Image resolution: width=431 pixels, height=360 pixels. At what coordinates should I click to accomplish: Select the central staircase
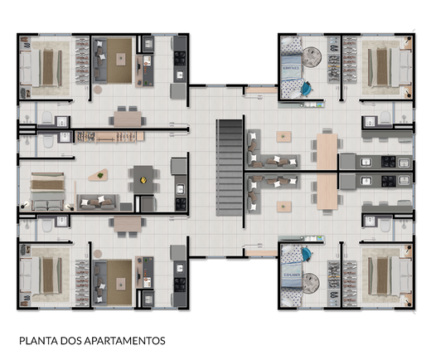(x=230, y=168)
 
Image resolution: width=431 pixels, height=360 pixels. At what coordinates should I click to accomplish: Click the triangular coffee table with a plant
(x=98, y=175)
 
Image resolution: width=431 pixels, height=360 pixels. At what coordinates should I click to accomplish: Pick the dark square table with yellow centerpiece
(x=143, y=180)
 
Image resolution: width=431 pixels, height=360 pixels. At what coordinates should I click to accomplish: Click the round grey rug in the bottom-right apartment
(x=310, y=283)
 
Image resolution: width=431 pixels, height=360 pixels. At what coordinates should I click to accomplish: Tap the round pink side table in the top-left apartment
(x=98, y=90)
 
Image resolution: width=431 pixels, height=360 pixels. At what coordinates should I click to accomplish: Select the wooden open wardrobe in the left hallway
(x=109, y=137)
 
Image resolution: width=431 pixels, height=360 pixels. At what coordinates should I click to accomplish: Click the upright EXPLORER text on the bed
(x=292, y=275)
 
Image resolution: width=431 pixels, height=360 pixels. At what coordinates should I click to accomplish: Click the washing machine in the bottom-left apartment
(x=148, y=299)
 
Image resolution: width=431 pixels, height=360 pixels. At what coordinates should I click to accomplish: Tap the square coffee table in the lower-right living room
(x=283, y=206)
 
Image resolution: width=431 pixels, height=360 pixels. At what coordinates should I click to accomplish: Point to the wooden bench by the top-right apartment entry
(x=260, y=90)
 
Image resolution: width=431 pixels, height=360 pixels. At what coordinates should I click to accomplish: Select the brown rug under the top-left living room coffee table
(x=119, y=61)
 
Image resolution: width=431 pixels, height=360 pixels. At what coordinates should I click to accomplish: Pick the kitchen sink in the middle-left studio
(x=180, y=189)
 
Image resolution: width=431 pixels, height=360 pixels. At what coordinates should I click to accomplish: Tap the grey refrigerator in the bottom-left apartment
(x=178, y=252)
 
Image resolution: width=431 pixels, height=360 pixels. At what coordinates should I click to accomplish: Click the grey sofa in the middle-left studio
(x=98, y=202)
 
